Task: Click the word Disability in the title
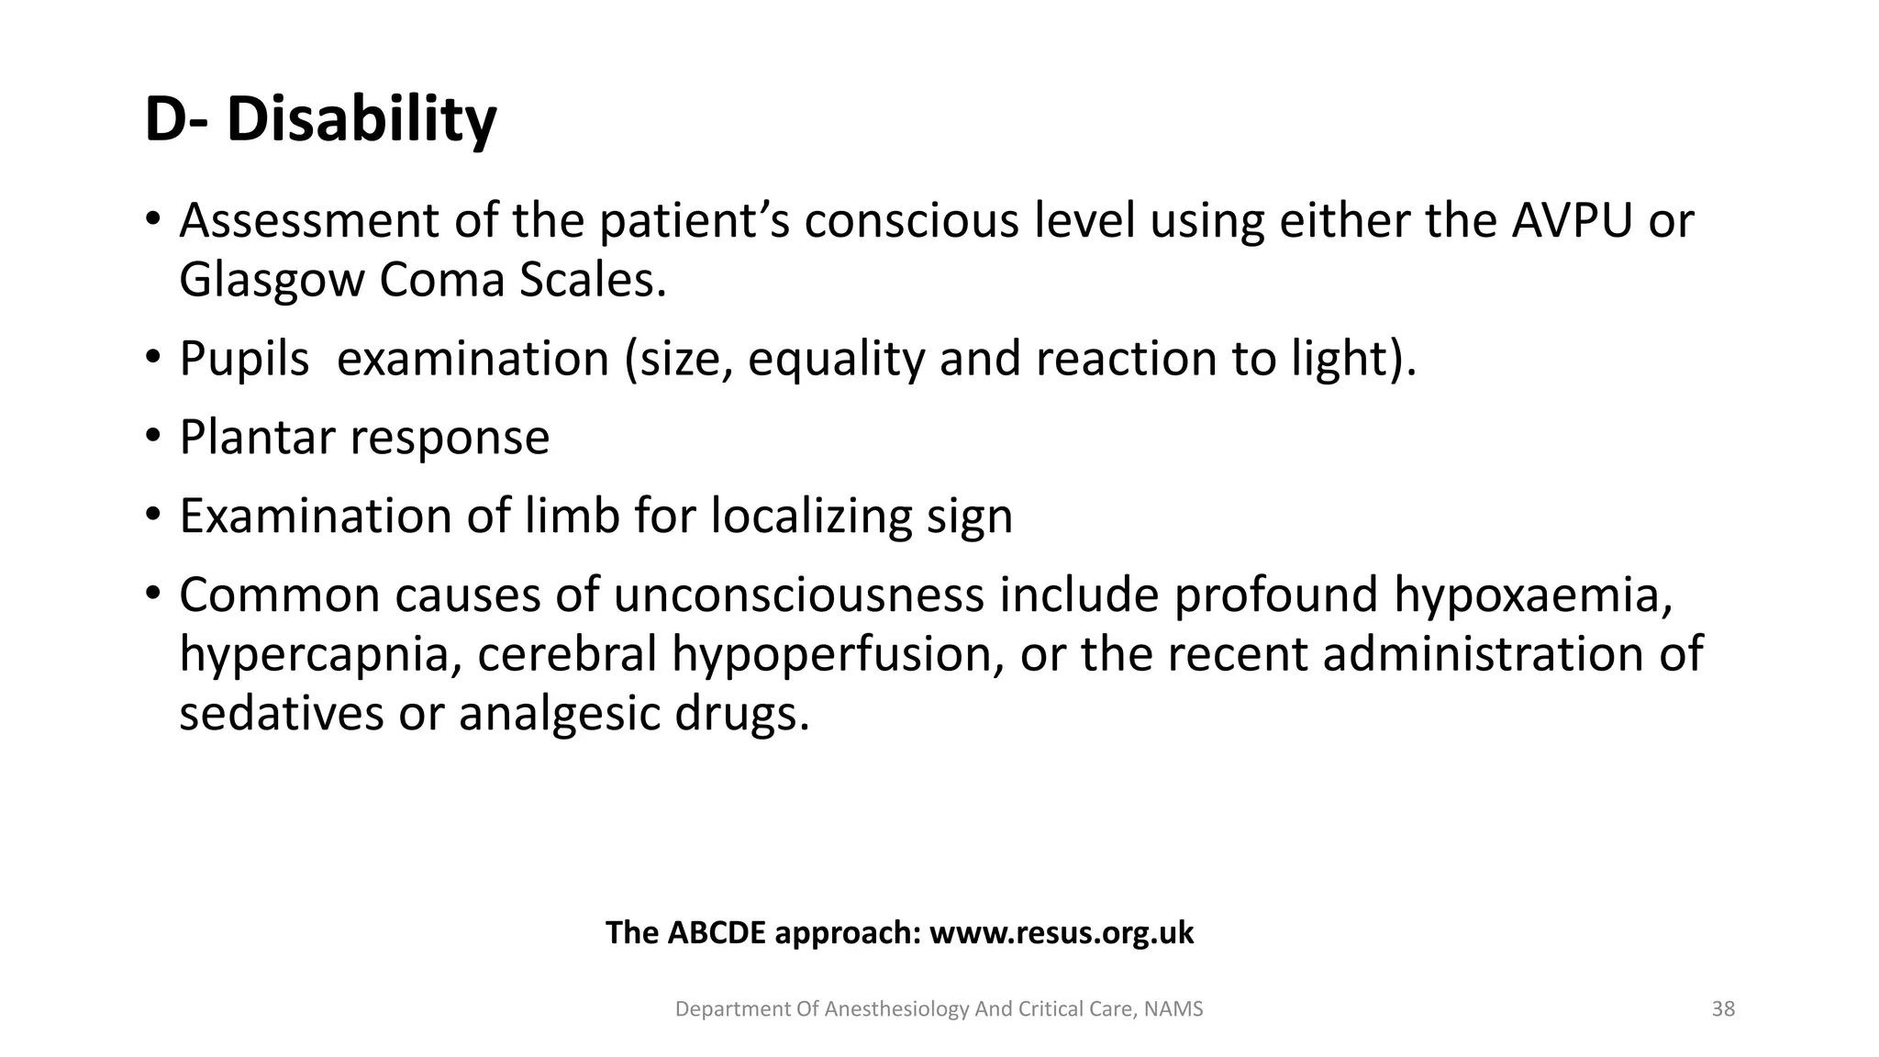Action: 361,120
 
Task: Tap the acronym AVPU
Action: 1572,221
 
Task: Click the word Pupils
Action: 244,358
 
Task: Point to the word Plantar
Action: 257,437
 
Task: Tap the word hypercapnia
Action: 318,654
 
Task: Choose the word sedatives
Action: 281,713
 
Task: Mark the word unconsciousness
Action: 798,595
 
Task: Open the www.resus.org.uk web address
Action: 1062,933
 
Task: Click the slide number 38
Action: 1723,1009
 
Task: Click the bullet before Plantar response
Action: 152,435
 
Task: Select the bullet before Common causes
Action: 152,593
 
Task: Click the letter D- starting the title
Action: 175,120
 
